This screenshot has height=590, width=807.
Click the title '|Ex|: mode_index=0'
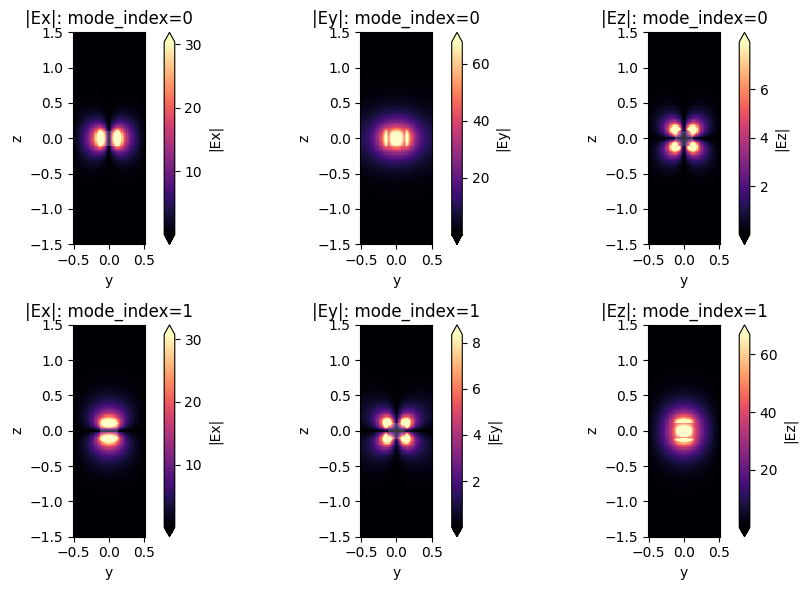[x=109, y=17]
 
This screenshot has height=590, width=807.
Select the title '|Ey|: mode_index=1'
[x=397, y=310]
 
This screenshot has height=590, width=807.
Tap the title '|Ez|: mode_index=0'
[x=684, y=17]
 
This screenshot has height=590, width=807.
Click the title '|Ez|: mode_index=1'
[x=684, y=310]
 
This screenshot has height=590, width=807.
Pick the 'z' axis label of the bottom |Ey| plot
[x=304, y=431]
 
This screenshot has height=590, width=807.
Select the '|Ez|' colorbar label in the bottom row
[x=790, y=431]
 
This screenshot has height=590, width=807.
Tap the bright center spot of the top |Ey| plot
[x=397, y=138]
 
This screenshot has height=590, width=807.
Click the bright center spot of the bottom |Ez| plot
[x=684, y=431]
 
